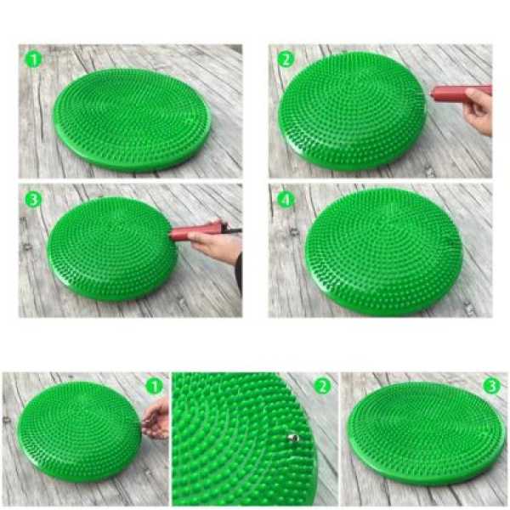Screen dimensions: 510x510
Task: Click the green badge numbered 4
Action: tap(286, 199)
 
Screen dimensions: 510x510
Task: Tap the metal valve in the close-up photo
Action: tap(293, 438)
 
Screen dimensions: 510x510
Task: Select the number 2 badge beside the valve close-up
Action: tap(322, 387)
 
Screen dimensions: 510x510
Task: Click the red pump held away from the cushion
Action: tap(461, 93)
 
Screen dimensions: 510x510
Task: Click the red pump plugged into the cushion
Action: tap(195, 232)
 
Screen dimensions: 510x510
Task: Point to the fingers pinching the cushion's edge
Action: tap(156, 419)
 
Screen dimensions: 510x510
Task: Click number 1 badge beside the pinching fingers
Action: tap(154, 387)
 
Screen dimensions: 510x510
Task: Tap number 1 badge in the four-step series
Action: tap(33, 59)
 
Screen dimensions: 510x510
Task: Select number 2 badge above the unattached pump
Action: tap(286, 59)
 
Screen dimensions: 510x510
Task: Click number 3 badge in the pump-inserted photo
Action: tap(33, 199)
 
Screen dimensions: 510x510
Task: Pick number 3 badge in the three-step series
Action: tap(492, 387)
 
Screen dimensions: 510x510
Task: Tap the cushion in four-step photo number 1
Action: tap(132, 120)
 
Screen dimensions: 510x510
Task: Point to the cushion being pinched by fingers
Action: tap(79, 433)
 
